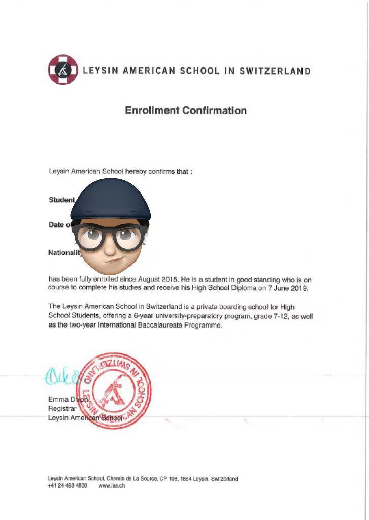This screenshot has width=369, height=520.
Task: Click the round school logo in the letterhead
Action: coord(63,70)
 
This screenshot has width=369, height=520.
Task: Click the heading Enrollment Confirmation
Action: coord(186,110)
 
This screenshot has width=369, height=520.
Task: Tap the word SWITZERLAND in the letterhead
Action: coord(275,71)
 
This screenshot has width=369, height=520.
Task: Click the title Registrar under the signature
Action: coord(62,408)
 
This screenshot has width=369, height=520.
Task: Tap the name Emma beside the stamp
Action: coord(58,399)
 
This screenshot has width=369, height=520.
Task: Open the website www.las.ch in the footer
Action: coord(112,485)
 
